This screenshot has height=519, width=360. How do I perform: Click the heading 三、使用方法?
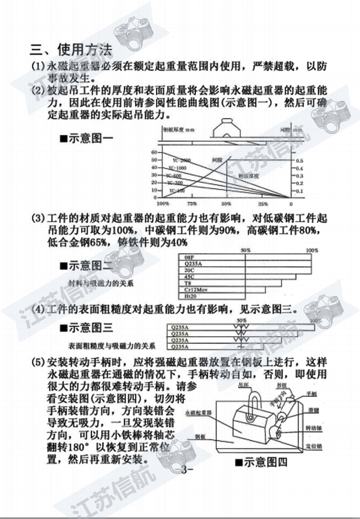71,49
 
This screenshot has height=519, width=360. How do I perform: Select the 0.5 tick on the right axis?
299,161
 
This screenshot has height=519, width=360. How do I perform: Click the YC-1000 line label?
178,168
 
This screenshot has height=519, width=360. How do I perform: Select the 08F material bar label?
182,257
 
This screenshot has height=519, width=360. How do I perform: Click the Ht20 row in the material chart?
182,297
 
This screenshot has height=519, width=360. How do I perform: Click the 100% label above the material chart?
312,250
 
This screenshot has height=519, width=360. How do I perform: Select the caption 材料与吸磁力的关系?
100,283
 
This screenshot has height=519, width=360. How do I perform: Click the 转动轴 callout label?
313,426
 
